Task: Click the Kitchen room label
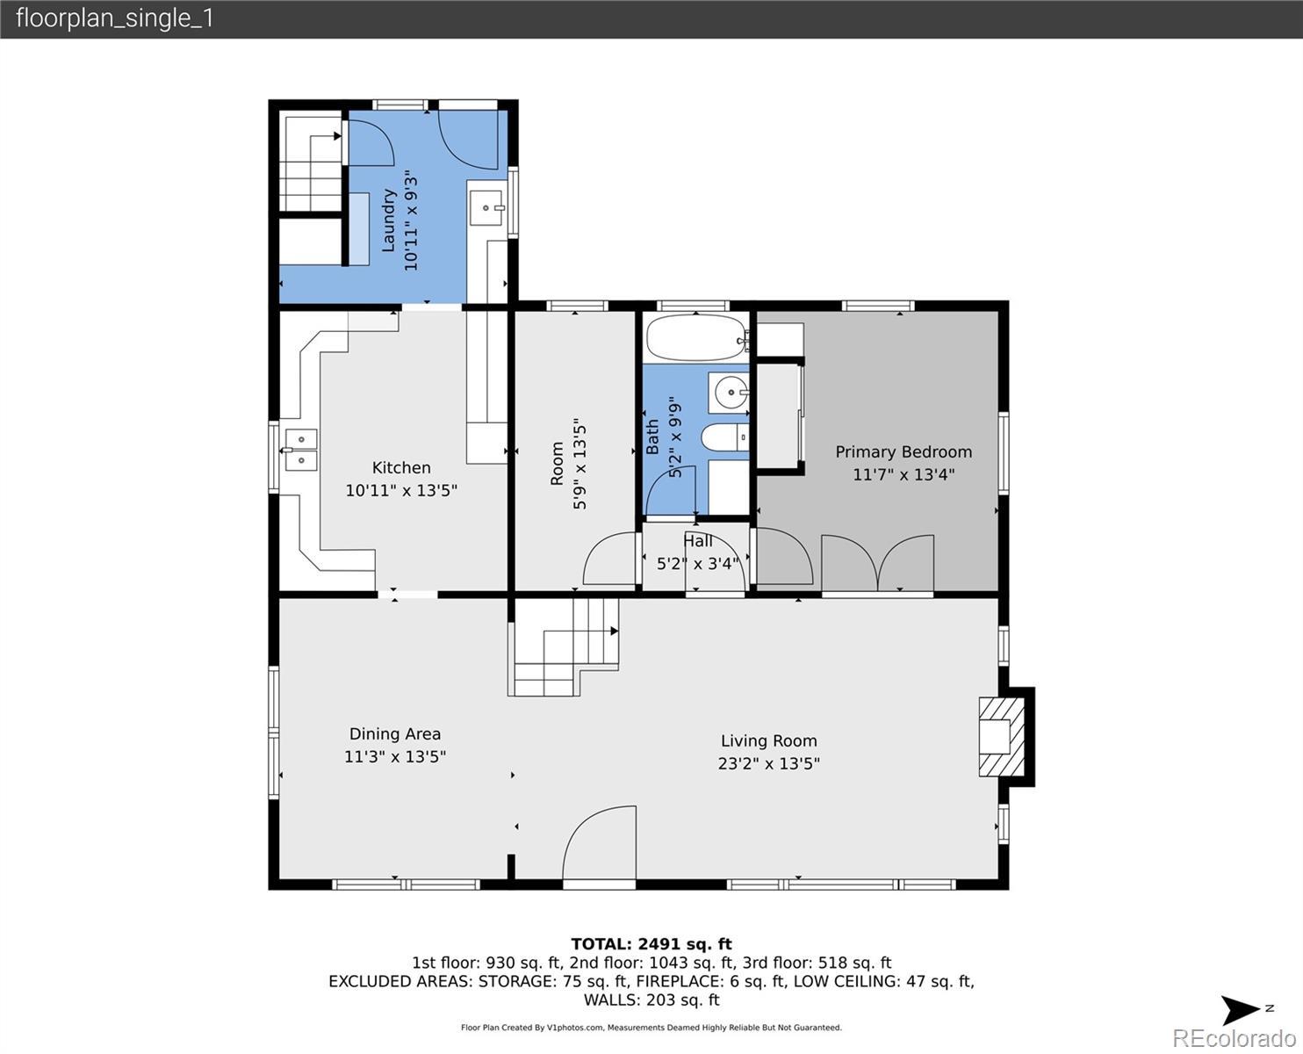pyautogui.click(x=401, y=467)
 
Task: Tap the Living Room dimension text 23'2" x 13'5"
pyautogui.click(x=769, y=763)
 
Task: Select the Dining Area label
pyautogui.click(x=394, y=733)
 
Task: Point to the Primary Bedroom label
pyautogui.click(x=903, y=452)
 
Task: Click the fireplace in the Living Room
pyautogui.click(x=1002, y=737)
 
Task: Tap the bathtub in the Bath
pyautogui.click(x=697, y=337)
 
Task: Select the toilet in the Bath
pyautogui.click(x=724, y=437)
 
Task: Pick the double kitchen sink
pyautogui.click(x=300, y=450)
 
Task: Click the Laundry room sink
pyautogui.click(x=487, y=208)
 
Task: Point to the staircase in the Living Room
pyautogui.click(x=564, y=647)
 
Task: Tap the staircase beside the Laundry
pyautogui.click(x=310, y=164)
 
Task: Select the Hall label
pyautogui.click(x=698, y=541)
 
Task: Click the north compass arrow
pyautogui.click(x=1240, y=1010)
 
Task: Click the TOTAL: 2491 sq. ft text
pyautogui.click(x=651, y=944)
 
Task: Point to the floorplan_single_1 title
pyautogui.click(x=115, y=18)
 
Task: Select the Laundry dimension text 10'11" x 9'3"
pyautogui.click(x=411, y=220)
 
